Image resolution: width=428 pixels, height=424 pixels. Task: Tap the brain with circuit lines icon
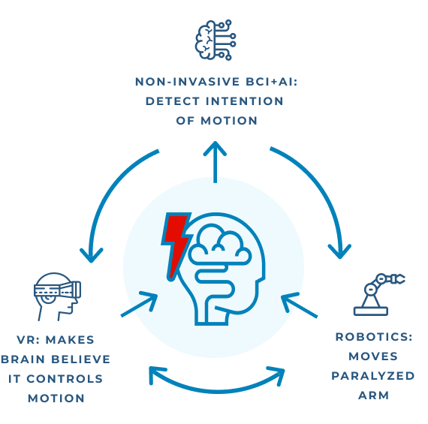click(x=216, y=40)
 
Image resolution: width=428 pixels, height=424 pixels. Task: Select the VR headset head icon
click(x=57, y=296)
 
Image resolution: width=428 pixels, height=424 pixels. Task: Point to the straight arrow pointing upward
click(x=215, y=162)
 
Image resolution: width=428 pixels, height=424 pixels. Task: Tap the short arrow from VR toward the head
click(x=139, y=304)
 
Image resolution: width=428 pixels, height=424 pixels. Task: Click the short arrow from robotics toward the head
click(x=299, y=305)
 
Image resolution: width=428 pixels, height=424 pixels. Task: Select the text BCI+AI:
click(x=272, y=82)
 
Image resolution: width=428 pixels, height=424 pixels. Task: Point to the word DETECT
click(x=173, y=101)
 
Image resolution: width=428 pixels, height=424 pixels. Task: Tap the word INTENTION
click(x=245, y=101)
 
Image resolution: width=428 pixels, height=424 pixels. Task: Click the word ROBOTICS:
click(x=374, y=337)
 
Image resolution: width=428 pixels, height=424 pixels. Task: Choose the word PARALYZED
click(x=373, y=376)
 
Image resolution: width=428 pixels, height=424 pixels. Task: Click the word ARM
click(x=373, y=395)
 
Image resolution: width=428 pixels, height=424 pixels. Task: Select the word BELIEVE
click(x=81, y=359)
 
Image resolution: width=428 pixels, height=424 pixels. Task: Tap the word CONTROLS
click(x=65, y=379)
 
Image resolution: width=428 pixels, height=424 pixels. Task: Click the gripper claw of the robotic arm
click(x=399, y=279)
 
